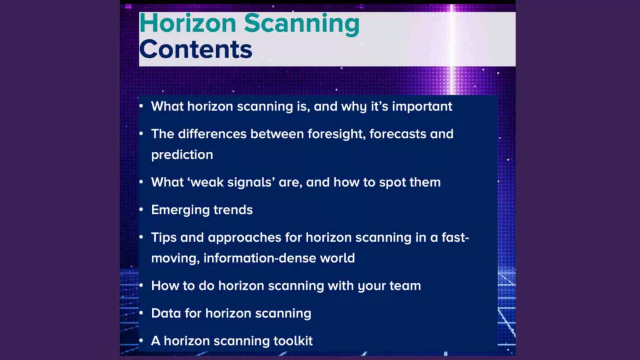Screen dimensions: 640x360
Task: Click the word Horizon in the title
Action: click(187, 23)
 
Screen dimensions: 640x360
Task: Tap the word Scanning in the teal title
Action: click(302, 24)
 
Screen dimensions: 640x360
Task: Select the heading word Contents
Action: click(196, 49)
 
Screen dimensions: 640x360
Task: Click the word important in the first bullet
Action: click(422, 107)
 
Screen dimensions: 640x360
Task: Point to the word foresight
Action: click(336, 135)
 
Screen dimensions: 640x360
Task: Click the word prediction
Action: click(182, 156)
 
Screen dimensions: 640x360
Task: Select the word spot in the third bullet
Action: click(392, 183)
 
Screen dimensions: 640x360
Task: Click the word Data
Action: click(166, 314)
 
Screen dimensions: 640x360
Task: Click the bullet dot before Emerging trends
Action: click(141, 210)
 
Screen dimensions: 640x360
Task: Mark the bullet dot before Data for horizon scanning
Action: click(141, 314)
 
